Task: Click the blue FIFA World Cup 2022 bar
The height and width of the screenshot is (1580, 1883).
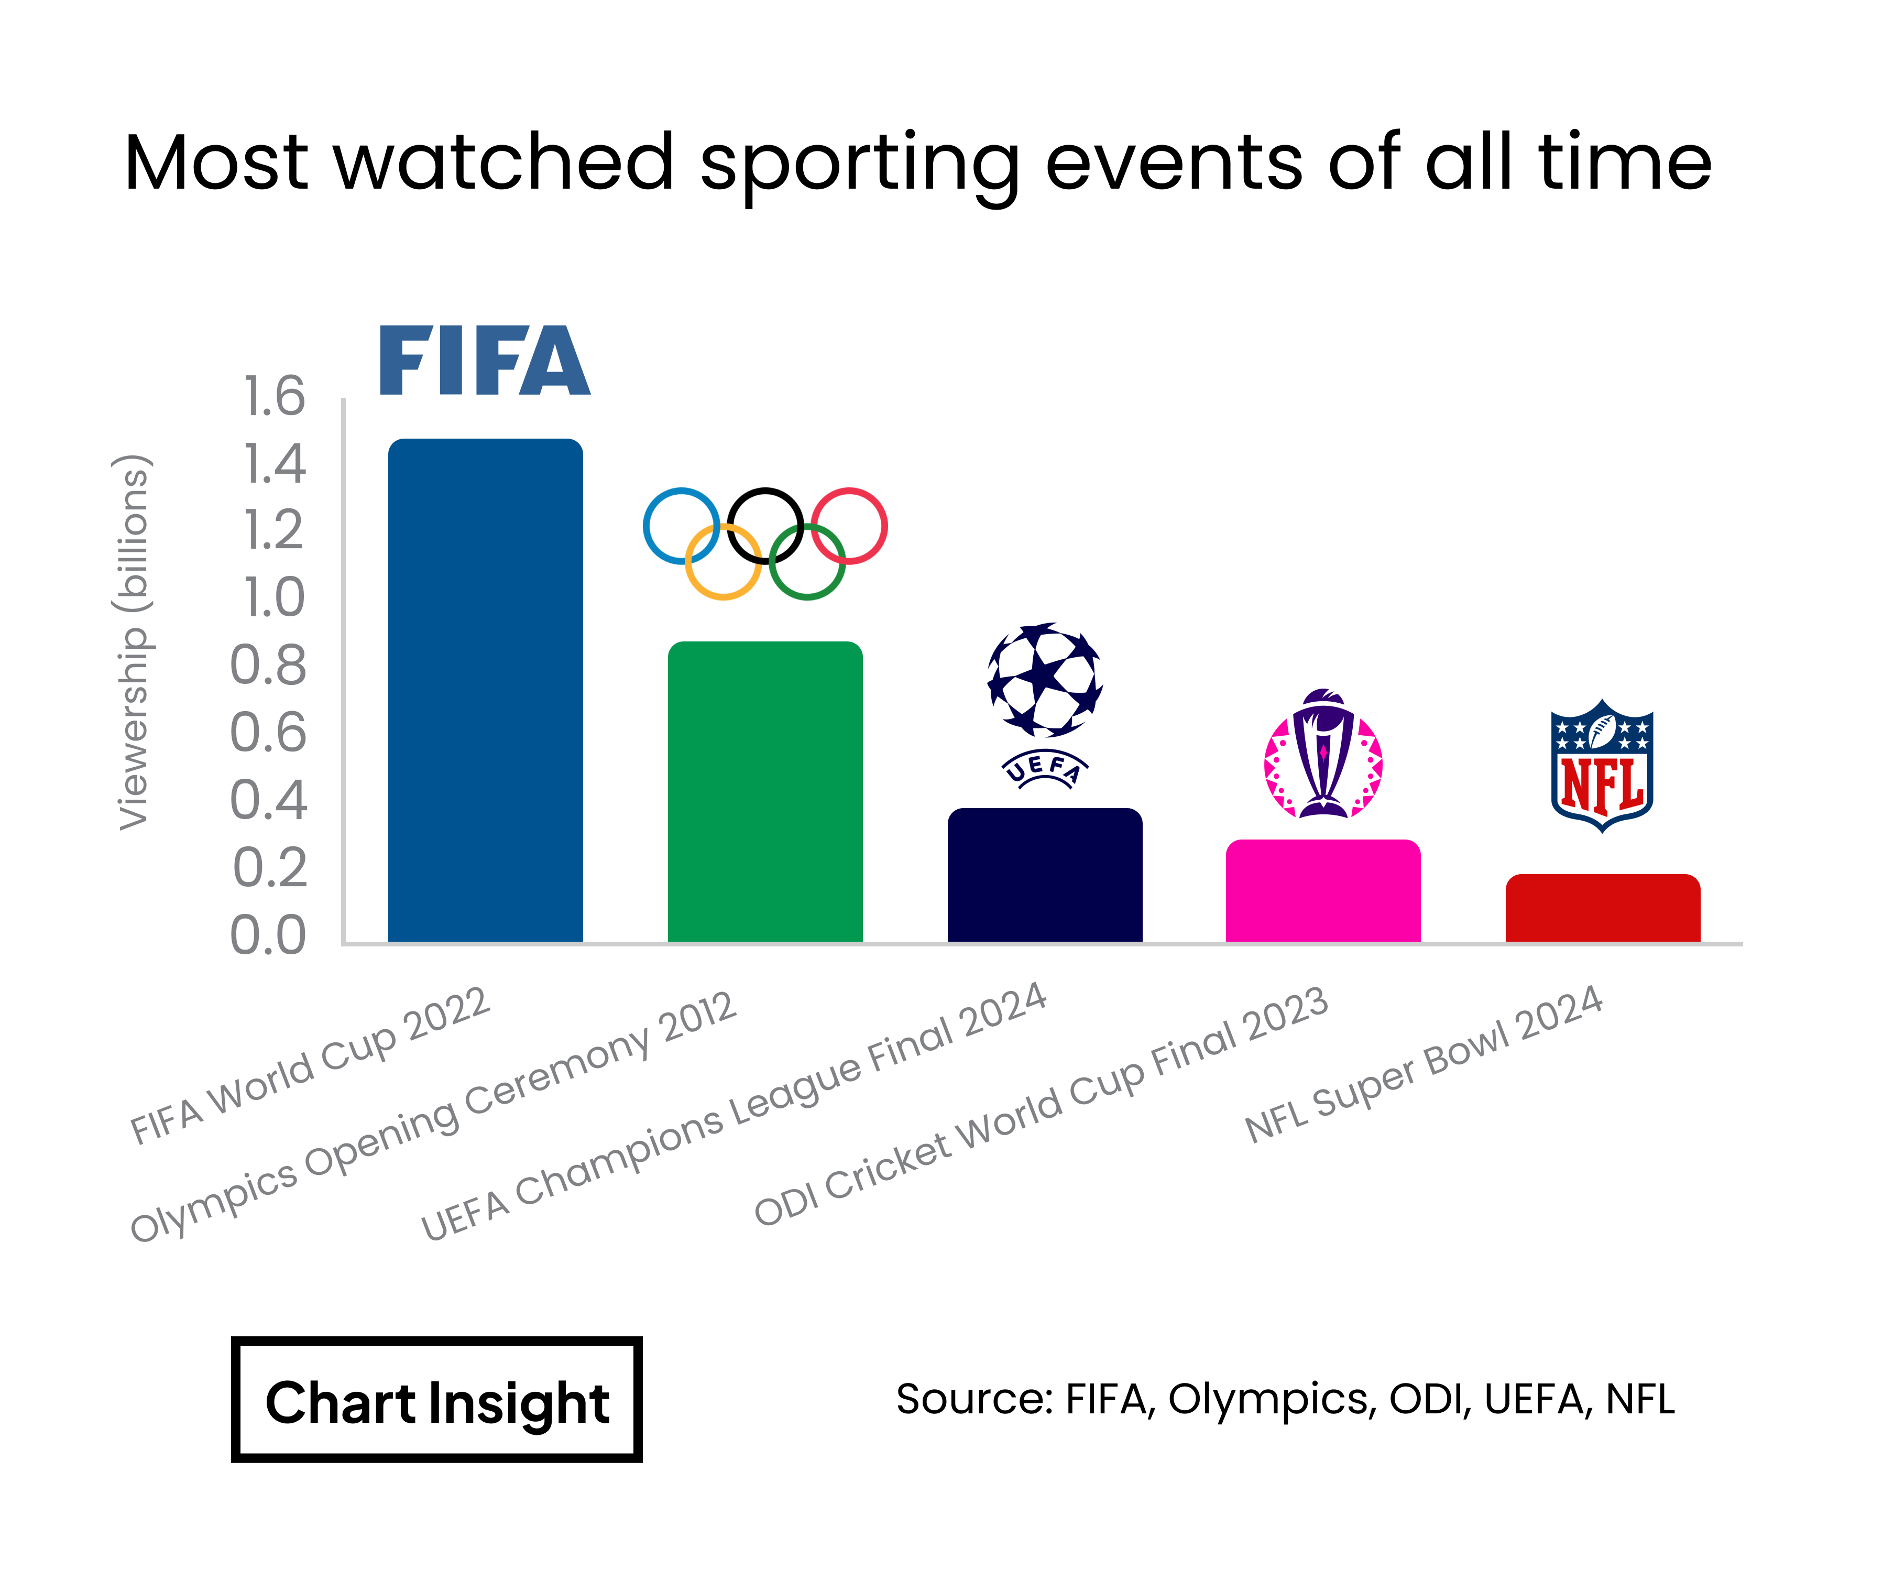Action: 485,691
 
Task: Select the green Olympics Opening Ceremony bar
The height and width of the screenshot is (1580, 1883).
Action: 765,792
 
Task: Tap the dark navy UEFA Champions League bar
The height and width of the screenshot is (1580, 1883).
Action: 1045,875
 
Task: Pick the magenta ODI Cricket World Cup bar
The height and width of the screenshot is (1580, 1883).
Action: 1322,890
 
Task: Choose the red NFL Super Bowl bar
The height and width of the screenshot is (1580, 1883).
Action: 1602,908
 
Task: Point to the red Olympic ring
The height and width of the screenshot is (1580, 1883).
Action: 849,526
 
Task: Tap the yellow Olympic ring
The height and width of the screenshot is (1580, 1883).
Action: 722,562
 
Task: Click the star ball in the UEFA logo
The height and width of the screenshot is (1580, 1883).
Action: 1045,680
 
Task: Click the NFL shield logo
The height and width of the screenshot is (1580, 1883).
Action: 1602,766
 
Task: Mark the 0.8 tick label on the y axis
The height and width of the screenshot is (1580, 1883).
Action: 268,666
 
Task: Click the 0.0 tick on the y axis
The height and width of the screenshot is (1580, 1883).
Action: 268,935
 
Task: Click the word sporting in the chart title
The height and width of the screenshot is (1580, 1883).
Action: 859,164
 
